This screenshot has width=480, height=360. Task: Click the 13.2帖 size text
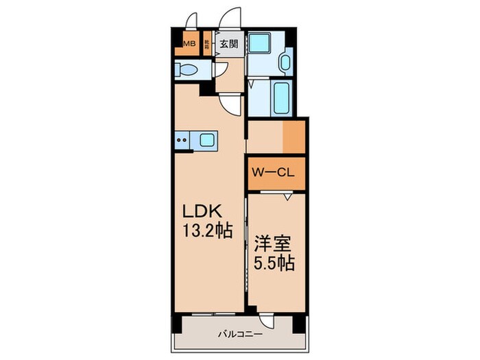202,231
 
